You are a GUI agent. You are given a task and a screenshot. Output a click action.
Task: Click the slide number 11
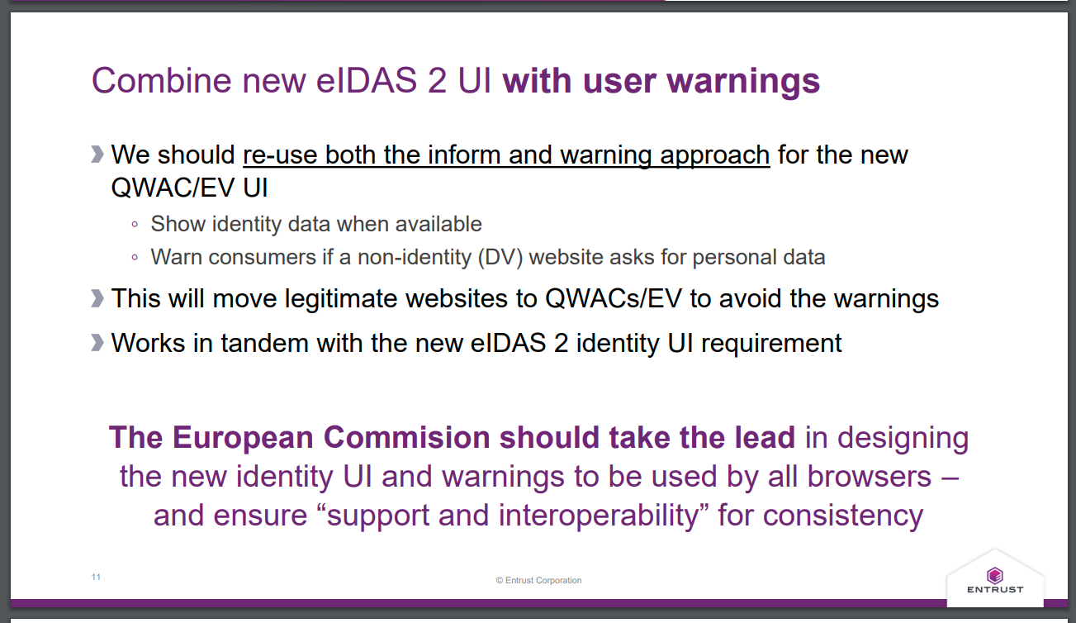point(96,577)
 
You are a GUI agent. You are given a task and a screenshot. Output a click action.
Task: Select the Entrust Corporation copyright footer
point(538,580)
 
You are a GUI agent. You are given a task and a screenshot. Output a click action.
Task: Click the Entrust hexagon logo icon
point(995,575)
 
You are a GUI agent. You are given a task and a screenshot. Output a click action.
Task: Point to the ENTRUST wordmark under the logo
point(995,589)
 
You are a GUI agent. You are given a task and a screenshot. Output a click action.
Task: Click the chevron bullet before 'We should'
point(97,155)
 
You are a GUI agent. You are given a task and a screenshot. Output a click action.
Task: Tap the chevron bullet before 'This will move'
point(97,298)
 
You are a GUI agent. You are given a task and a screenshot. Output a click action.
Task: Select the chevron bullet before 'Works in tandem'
point(97,343)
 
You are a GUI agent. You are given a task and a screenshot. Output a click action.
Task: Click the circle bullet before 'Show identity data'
point(135,225)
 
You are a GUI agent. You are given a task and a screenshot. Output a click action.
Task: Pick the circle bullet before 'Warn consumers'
point(135,258)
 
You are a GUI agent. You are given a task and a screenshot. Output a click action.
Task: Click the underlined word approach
point(715,155)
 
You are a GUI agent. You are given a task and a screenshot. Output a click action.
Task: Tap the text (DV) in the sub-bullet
point(500,257)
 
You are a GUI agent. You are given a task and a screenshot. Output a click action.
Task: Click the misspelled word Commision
point(406,437)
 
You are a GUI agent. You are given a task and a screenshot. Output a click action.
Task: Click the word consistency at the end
point(843,516)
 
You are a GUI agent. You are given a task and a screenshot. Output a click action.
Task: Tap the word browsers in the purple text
point(869,477)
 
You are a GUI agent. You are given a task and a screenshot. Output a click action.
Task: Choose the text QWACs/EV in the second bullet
point(614,298)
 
